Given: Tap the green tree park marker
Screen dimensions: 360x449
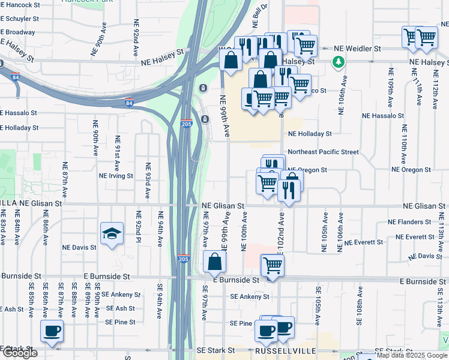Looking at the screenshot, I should [x=339, y=61].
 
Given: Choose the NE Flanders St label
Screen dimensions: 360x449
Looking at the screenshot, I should [x=409, y=221].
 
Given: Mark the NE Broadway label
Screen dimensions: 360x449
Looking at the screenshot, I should [x=17, y=32].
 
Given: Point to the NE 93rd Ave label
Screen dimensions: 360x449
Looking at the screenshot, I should [x=147, y=180].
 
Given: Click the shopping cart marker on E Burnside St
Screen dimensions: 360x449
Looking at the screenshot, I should [x=273, y=265].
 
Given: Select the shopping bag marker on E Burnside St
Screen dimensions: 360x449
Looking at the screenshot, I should [x=214, y=262].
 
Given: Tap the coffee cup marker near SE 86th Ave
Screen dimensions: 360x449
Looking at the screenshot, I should [x=52, y=331].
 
